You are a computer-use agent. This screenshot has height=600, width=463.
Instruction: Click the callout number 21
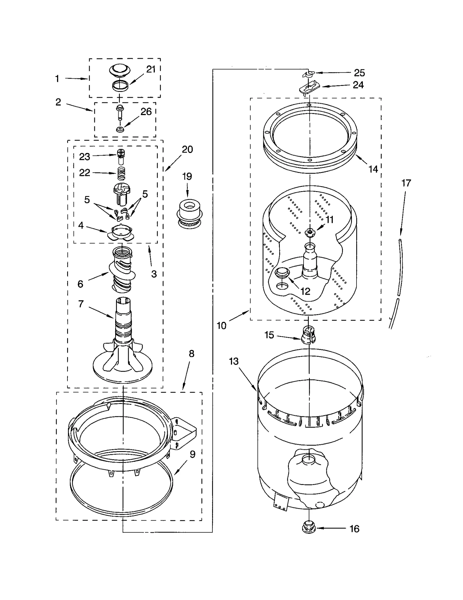pyautogui.click(x=151, y=69)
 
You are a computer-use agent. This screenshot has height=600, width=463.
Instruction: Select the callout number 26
pyautogui.click(x=146, y=112)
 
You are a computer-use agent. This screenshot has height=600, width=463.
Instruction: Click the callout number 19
pyautogui.click(x=187, y=176)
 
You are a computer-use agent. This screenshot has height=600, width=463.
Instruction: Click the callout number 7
pyautogui.click(x=81, y=304)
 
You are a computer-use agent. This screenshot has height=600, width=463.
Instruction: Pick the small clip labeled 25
pyautogui.click(x=308, y=74)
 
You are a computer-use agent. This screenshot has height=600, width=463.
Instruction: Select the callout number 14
pyautogui.click(x=373, y=169)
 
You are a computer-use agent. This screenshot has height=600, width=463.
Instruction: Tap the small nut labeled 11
pyautogui.click(x=310, y=231)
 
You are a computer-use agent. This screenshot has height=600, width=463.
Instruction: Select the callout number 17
pyautogui.click(x=406, y=183)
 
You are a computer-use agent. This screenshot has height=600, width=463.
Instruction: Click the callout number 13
pyautogui.click(x=234, y=361)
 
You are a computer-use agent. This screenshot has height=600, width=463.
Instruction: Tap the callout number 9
pyautogui.click(x=192, y=454)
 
